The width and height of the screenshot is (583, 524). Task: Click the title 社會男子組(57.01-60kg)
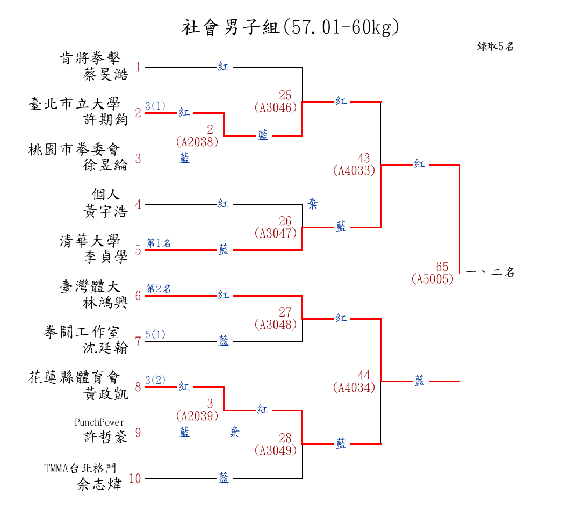[291, 27]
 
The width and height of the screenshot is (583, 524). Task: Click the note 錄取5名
[495, 47]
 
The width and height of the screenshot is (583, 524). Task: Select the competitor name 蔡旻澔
[106, 74]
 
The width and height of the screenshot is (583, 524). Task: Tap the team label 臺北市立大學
[74, 104]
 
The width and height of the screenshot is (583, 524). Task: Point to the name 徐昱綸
[106, 165]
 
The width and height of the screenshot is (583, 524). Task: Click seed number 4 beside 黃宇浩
[138, 204]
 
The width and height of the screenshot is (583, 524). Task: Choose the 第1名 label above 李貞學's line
[159, 243]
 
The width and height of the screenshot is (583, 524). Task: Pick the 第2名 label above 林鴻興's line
[159, 289]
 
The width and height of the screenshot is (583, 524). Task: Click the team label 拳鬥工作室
[82, 333]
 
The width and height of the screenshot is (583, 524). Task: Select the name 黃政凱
[106, 394]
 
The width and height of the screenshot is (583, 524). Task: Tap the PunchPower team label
[99, 422]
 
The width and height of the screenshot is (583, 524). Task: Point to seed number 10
[135, 478]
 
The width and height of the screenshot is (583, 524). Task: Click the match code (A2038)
[197, 142]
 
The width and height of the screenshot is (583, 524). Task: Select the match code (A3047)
[276, 233]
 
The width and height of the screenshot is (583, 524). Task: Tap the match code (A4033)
[354, 170]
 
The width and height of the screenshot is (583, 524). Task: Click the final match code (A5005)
[433, 279]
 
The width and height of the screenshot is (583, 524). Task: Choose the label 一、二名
[490, 272]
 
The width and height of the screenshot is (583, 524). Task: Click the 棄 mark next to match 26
[313, 204]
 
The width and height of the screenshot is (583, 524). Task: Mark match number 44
[364, 375]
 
